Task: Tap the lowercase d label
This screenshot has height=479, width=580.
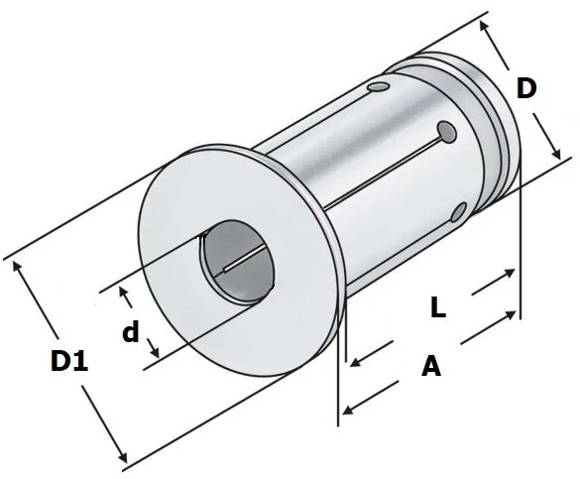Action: click(x=131, y=331)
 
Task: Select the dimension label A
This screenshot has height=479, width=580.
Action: click(x=431, y=365)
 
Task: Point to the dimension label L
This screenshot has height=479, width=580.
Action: click(x=438, y=307)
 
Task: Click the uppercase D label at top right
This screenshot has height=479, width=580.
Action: click(x=526, y=88)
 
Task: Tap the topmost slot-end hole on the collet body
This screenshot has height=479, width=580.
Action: click(x=379, y=87)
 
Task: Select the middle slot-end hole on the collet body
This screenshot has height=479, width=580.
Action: click(x=447, y=132)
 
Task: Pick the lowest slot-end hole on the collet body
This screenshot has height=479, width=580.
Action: click(x=459, y=212)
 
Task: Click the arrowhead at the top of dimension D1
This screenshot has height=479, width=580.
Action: click(x=16, y=266)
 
